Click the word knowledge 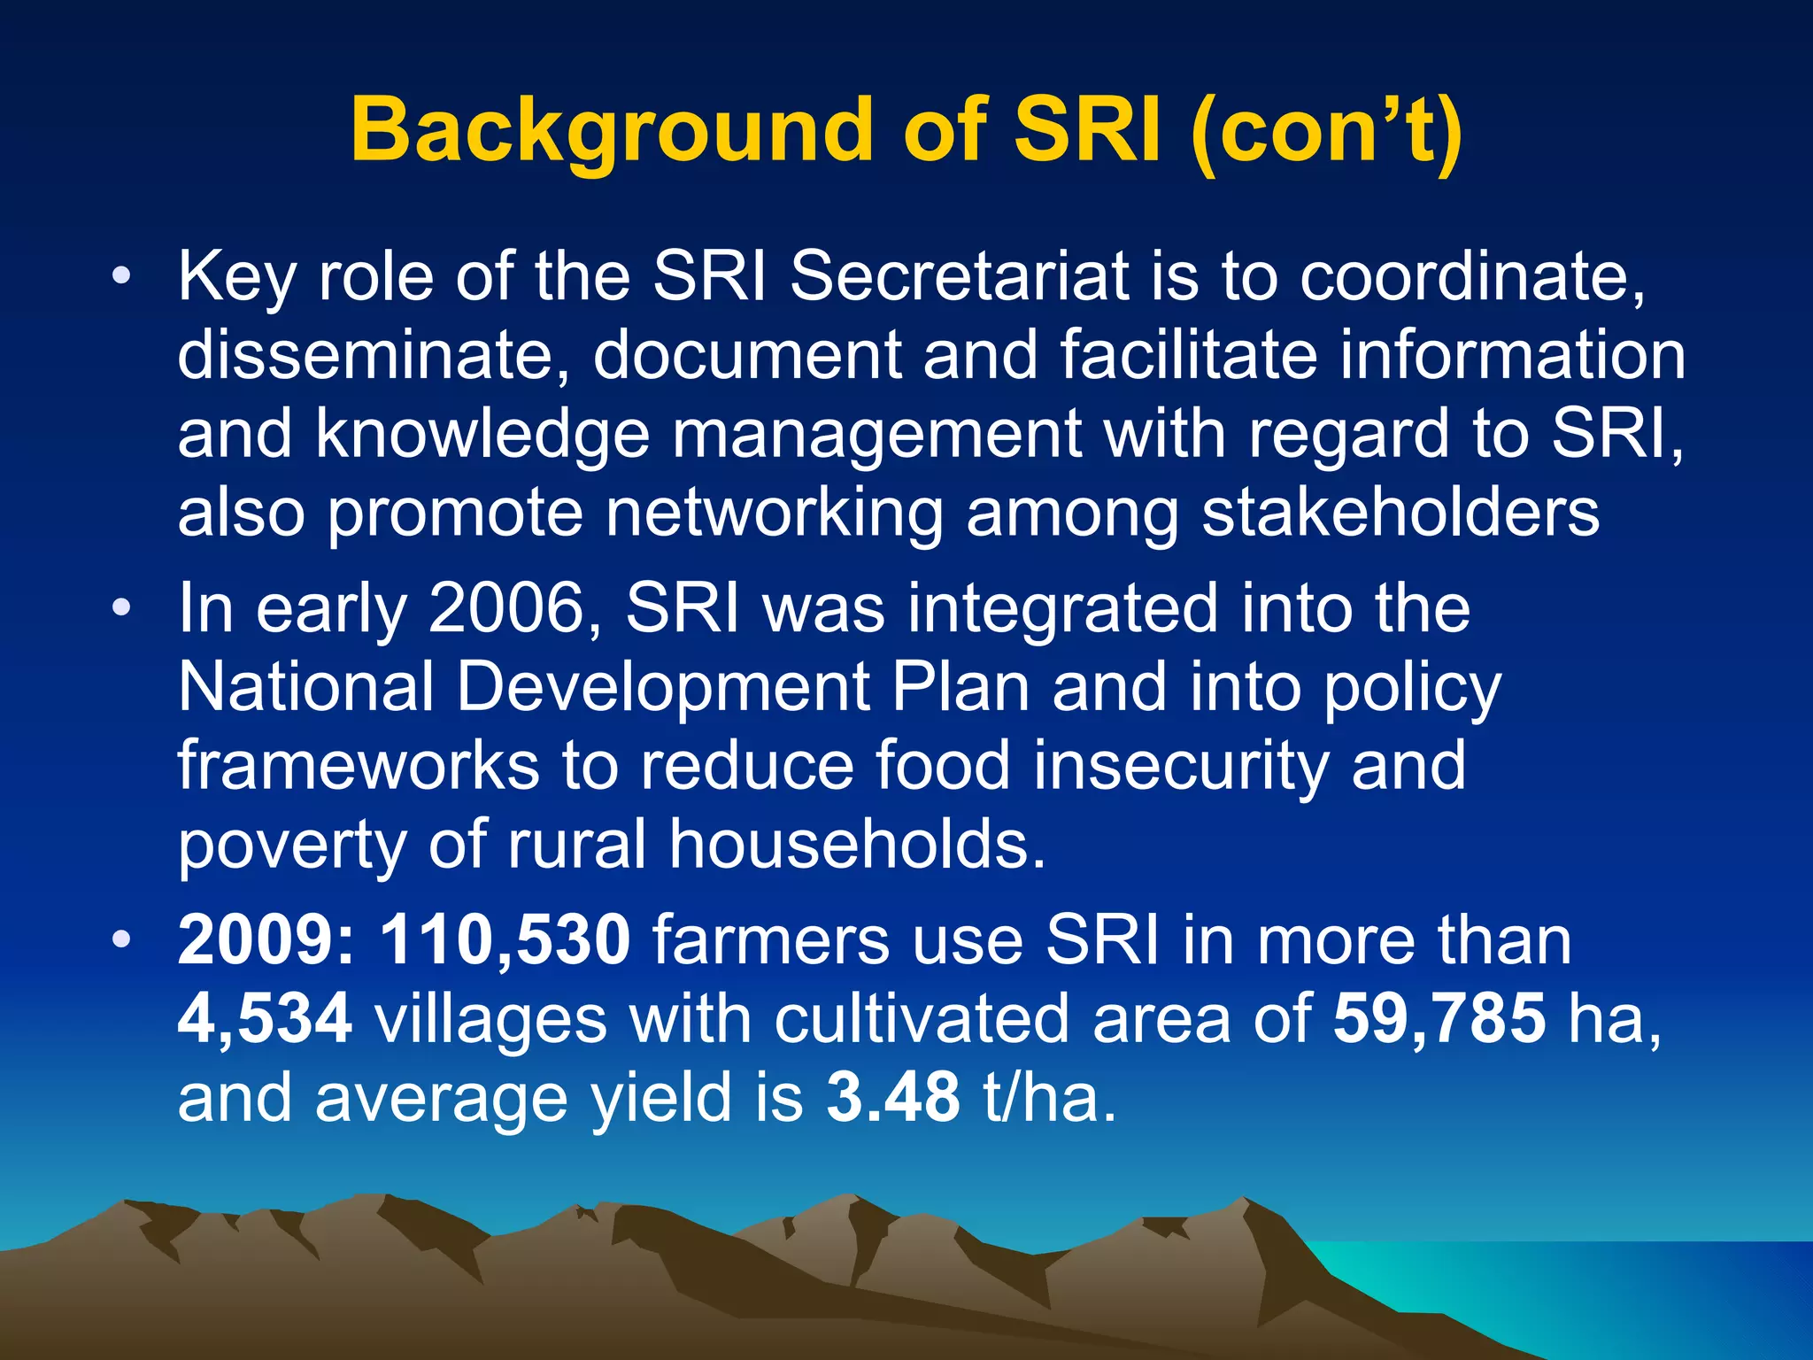(x=482, y=433)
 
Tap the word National (x=305, y=686)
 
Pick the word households (x=857, y=843)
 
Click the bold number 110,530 (x=505, y=939)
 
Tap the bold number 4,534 (x=265, y=1018)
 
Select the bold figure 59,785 (x=1439, y=1018)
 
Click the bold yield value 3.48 (x=893, y=1096)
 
